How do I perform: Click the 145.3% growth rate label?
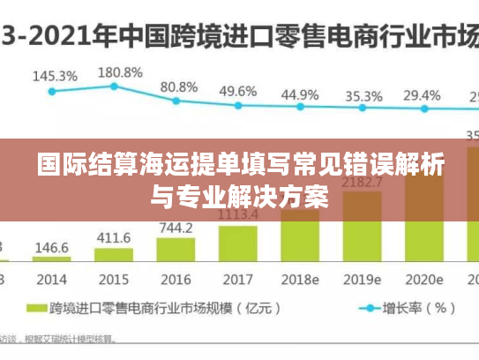pos(55,76)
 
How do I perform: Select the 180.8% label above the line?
pos(120,71)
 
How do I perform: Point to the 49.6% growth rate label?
pos(238,91)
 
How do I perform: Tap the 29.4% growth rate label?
pos(422,95)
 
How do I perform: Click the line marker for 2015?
pos(114,86)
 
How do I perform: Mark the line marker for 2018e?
pos(300,107)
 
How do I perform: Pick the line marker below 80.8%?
pos(177,101)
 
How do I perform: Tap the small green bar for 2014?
pos(53,259)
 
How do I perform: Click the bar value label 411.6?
pos(114,238)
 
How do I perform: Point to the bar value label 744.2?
pos(176,228)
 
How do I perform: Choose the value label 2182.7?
pos(362,183)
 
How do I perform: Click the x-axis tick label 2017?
pos(238,279)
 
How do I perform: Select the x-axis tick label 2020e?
pos(423,279)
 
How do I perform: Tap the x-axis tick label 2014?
pos(52,279)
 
